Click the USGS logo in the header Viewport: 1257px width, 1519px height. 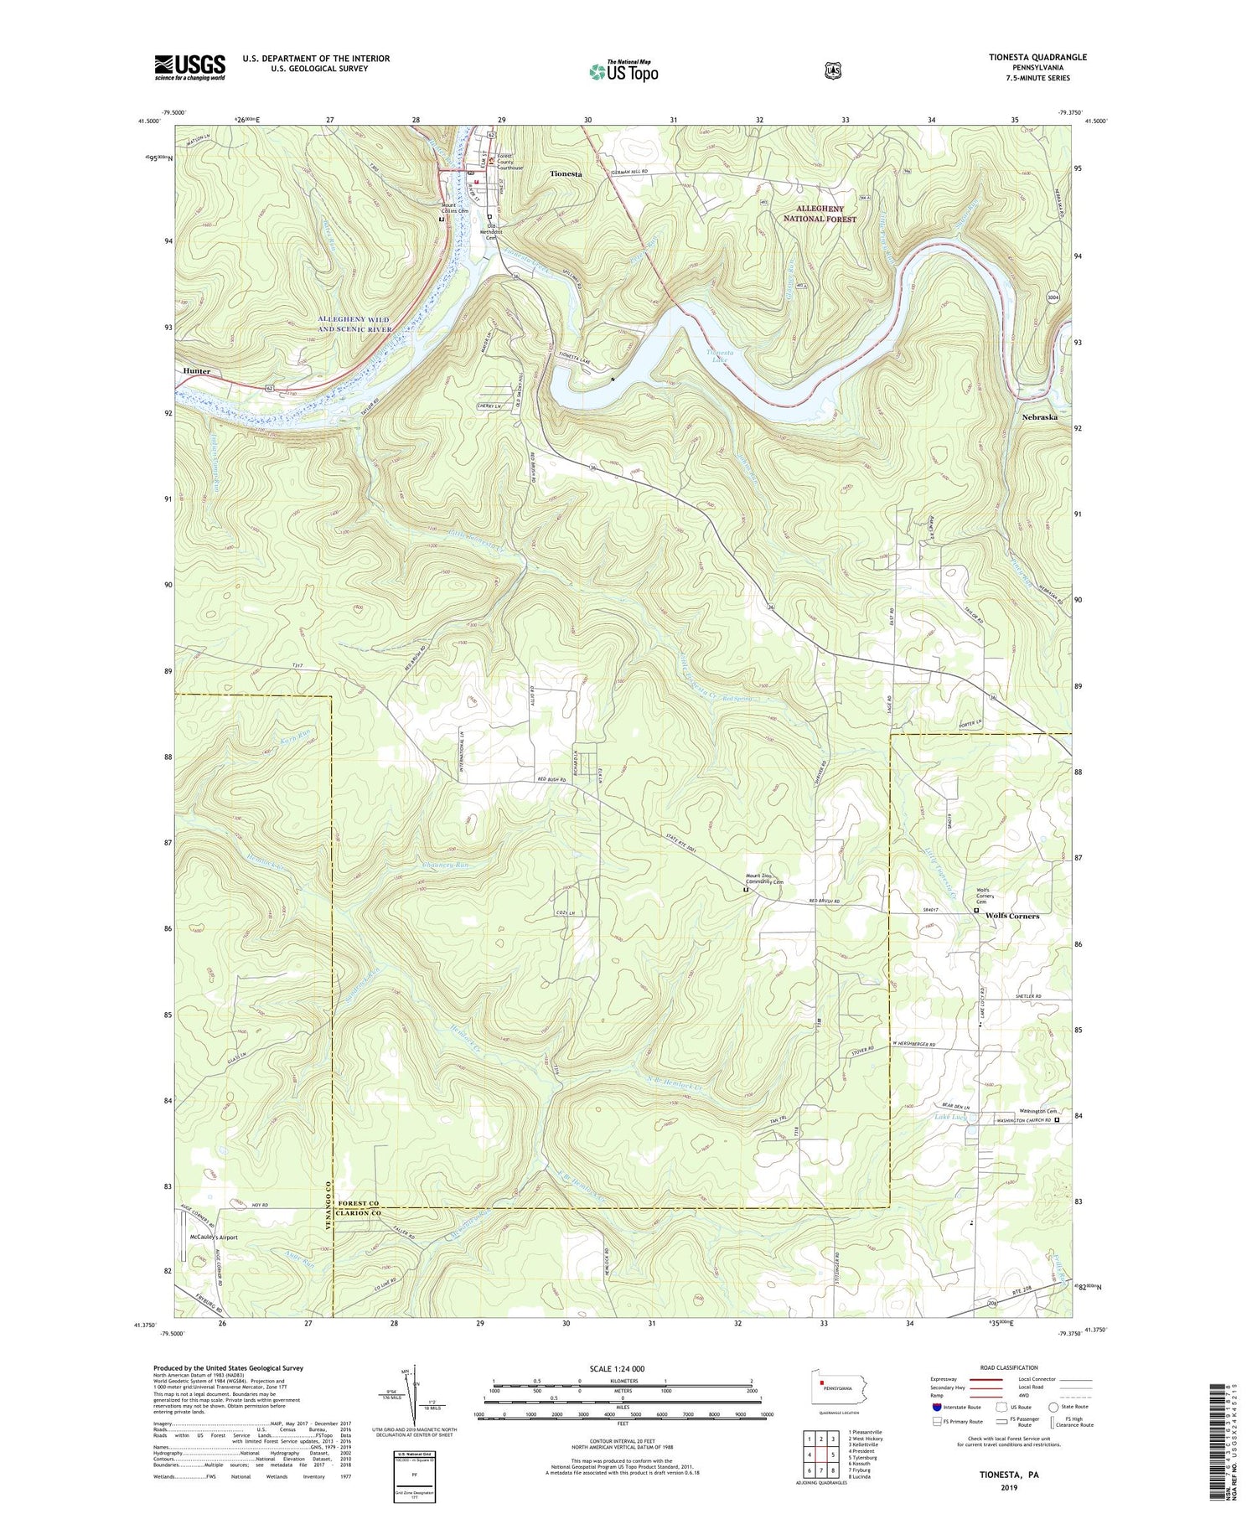pyautogui.click(x=189, y=67)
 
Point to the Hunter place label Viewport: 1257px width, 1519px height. pyautogui.click(x=194, y=370)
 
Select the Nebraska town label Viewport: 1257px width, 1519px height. pyautogui.click(x=1039, y=416)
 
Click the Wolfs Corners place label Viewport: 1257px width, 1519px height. pyautogui.click(x=1012, y=916)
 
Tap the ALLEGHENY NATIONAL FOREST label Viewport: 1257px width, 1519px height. pyautogui.click(x=820, y=214)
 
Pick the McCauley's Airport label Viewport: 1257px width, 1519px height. pyautogui.click(x=214, y=1237)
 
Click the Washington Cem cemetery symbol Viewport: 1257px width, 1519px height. pyautogui.click(x=1057, y=1119)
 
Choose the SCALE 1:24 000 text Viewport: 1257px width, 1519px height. pyautogui.click(x=622, y=1368)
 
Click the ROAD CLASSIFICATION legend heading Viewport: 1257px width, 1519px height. pyautogui.click(x=1001, y=1367)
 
